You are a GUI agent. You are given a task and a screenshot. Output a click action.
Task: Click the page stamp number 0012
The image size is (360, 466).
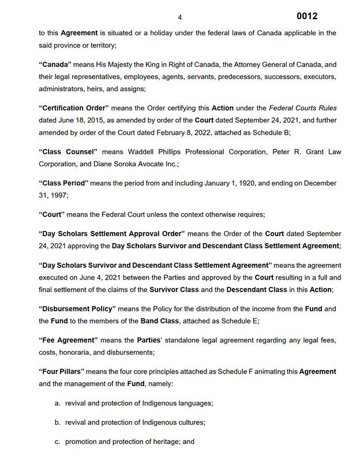tap(307, 16)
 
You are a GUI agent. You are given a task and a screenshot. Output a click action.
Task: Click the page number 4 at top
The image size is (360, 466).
tap(180, 17)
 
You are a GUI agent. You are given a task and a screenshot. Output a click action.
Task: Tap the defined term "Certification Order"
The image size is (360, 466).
tap(73, 108)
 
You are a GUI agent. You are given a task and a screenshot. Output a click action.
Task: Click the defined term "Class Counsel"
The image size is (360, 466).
tap(68, 152)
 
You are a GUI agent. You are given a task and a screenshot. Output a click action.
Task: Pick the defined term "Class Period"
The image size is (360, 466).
tap(63, 183)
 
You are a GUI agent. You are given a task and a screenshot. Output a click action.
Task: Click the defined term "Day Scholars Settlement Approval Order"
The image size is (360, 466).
tap(111, 233)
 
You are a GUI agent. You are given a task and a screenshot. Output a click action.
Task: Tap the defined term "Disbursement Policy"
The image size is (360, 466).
tap(77, 309)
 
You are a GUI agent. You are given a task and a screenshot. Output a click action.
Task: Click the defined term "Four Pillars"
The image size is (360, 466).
tap(63, 371)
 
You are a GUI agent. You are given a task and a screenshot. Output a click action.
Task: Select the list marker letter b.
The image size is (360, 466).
tap(58, 422)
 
